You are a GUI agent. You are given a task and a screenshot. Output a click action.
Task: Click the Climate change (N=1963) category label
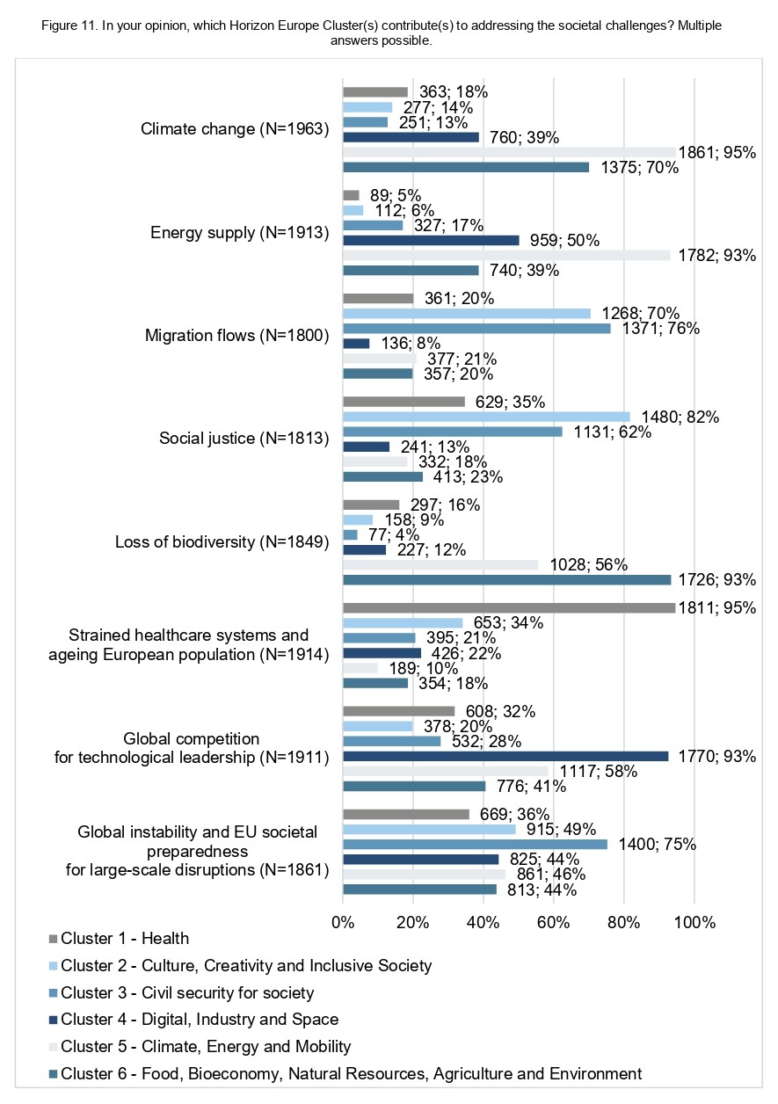(235, 128)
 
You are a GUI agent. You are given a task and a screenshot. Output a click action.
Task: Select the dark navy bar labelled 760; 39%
(411, 137)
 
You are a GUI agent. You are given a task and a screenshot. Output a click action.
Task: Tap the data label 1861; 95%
(716, 152)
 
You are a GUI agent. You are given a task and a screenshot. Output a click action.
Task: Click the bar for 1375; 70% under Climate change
(466, 167)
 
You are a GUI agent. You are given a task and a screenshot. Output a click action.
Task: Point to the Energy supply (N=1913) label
(240, 232)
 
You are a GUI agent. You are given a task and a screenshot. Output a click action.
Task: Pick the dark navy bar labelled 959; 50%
(431, 240)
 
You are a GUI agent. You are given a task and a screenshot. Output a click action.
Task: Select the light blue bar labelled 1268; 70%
(467, 314)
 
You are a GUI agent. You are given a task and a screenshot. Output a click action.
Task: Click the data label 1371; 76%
(661, 328)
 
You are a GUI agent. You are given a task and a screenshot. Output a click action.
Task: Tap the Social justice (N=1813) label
(244, 438)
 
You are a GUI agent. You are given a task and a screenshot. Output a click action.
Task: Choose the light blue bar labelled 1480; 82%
(487, 417)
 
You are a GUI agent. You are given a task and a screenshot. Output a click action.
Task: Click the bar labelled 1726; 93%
(507, 579)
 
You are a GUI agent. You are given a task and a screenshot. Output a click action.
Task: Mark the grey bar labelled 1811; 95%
(509, 608)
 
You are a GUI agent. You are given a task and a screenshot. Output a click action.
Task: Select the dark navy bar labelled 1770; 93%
(505, 756)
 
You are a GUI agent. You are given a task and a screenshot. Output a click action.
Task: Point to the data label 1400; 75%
(658, 845)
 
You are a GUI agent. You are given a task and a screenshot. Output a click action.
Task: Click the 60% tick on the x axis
(553, 923)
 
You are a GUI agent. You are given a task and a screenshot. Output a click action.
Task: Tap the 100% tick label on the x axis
(694, 923)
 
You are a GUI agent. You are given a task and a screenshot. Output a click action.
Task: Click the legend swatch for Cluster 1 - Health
(54, 939)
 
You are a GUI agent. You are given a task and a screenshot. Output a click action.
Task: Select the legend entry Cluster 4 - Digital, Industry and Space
(193, 1020)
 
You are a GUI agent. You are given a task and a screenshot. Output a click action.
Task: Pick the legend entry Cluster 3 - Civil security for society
(181, 992)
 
